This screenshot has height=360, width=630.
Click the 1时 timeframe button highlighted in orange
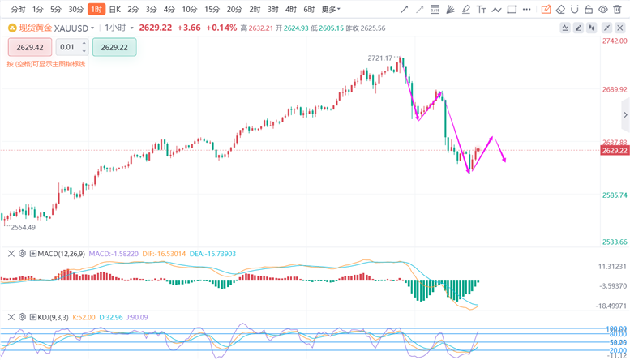96,10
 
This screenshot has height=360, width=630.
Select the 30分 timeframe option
75,10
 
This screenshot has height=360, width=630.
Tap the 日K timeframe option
115,10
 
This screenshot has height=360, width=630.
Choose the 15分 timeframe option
212,10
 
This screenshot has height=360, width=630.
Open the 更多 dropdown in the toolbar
330,10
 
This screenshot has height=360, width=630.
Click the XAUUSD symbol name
73,28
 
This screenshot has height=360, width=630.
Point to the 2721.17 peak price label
379,58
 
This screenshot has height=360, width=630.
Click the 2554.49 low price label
23,228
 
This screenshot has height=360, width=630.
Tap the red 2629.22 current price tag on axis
615,151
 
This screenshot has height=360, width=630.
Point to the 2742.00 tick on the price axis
614,41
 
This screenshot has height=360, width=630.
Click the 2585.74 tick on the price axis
614,195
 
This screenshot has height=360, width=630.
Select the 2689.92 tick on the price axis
614,90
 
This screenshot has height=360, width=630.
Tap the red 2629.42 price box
29,47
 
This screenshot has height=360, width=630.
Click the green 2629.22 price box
114,47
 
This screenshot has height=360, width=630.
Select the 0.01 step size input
67,47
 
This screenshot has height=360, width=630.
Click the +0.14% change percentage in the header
221,28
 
